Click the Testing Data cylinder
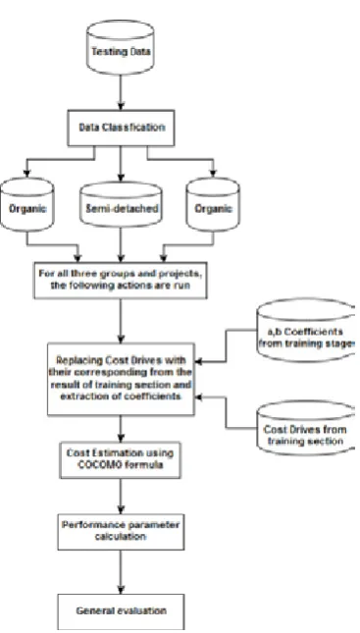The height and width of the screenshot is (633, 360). [x=121, y=48]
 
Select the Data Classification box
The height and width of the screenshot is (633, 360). [x=121, y=128]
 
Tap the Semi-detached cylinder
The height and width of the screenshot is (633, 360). [x=121, y=204]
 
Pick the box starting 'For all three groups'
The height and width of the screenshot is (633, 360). [x=121, y=280]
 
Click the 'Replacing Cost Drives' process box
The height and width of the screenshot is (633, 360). [x=121, y=379]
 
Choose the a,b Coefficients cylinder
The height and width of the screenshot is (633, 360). [x=306, y=330]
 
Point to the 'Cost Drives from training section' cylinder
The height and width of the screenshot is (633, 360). [x=306, y=428]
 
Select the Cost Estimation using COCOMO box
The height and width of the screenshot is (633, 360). [x=121, y=460]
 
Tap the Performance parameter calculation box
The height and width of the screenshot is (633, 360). [x=121, y=532]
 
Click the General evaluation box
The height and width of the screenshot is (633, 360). [x=121, y=611]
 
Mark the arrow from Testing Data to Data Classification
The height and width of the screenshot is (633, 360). [x=121, y=92]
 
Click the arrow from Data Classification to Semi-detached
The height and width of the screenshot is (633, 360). [x=121, y=163]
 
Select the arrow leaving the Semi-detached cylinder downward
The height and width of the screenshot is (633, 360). [x=121, y=244]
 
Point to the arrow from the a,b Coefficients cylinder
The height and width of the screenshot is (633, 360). [x=226, y=346]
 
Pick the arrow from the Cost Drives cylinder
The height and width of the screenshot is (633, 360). [x=226, y=412]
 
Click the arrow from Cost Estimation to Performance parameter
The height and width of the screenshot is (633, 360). [x=121, y=497]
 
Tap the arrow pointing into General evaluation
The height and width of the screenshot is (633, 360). [x=121, y=571]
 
